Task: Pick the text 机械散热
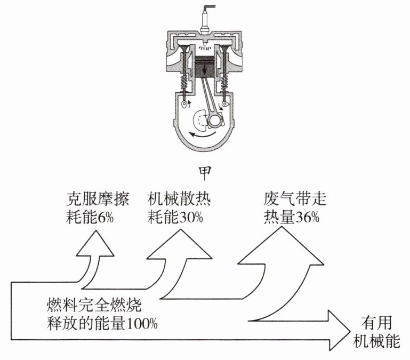point(180,200)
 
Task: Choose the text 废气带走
point(295,200)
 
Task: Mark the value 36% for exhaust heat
point(306,218)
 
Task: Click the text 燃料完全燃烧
point(94,306)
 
